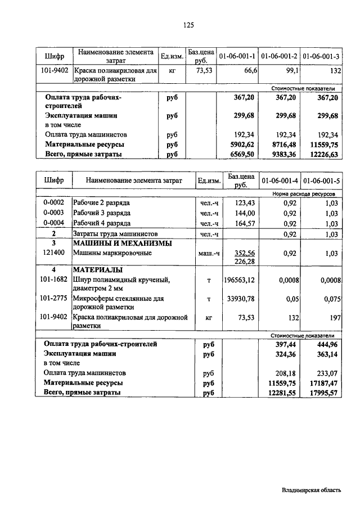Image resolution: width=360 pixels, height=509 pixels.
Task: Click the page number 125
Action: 188,25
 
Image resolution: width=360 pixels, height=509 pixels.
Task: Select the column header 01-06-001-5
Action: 322,181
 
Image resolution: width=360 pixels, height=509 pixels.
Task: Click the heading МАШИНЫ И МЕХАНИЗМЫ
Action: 122,244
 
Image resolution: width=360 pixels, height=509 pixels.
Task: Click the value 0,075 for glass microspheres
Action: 331,300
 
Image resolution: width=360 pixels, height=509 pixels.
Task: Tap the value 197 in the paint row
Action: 335,318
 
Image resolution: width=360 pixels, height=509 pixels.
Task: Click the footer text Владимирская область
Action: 312,490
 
